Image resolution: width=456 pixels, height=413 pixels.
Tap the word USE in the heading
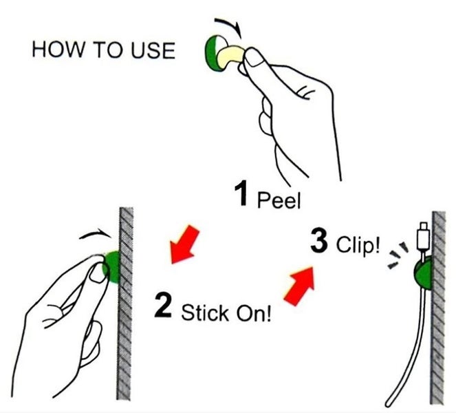(x=153, y=50)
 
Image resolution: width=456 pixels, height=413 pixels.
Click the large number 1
(x=241, y=193)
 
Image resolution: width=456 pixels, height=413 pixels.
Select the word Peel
(x=279, y=200)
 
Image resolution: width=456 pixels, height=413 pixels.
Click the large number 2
(x=163, y=306)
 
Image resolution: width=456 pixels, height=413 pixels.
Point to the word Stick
(x=205, y=313)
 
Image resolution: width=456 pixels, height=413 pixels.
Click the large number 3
(x=319, y=240)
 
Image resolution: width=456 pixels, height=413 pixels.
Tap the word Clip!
(x=358, y=245)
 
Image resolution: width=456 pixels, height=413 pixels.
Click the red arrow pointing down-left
(x=184, y=244)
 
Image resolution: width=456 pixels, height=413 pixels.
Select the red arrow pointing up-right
(x=300, y=286)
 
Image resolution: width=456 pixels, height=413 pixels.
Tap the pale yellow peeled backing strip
(x=231, y=55)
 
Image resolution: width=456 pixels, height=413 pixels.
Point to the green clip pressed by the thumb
(x=113, y=267)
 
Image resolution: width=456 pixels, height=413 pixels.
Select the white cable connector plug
(x=422, y=237)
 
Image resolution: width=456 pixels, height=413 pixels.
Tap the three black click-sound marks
(x=398, y=255)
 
